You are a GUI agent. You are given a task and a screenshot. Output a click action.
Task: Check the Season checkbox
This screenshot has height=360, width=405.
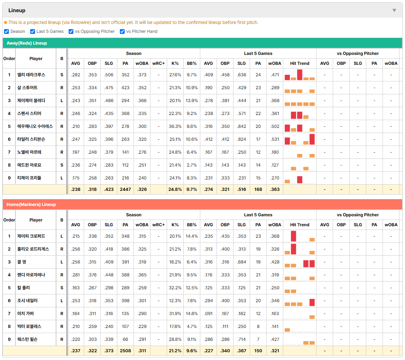[7, 31]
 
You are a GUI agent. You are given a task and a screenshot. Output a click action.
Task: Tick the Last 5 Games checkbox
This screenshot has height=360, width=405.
[32, 31]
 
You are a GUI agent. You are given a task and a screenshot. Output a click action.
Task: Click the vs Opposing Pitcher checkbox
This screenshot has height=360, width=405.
[71, 31]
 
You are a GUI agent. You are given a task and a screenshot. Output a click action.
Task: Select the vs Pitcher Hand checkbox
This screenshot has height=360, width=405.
[122, 31]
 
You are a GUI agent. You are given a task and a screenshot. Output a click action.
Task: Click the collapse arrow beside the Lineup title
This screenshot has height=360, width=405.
[394, 10]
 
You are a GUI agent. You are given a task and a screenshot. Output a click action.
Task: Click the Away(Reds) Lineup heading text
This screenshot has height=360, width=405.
[27, 43]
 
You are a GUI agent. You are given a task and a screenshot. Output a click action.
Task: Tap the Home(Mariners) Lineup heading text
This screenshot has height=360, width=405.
[31, 205]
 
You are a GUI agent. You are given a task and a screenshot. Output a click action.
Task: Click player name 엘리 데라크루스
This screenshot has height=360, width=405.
[31, 75]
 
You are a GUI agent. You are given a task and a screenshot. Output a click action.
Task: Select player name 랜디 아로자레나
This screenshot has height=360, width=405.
[31, 275]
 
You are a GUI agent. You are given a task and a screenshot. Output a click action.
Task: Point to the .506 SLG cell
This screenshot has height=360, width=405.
[109, 75]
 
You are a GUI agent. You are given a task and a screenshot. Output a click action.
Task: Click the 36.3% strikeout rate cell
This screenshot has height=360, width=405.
[175, 126]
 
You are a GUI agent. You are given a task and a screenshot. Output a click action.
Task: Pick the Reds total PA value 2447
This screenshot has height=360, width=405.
[125, 189]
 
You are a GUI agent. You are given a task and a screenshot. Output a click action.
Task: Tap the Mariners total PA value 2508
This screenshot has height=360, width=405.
[125, 351]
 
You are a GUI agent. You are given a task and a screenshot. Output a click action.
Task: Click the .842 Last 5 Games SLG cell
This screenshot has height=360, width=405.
[242, 126]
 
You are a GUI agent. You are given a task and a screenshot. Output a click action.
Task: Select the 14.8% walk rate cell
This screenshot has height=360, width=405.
[192, 314]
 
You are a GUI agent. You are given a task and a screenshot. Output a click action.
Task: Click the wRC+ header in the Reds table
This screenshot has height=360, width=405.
[158, 63]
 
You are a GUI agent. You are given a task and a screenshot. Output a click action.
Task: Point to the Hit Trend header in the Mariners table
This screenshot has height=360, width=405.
[300, 225]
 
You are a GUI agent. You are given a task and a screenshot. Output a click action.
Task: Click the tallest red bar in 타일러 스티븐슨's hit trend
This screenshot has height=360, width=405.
[312, 139]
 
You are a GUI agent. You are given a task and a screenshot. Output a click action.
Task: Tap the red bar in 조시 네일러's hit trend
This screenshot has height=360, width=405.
[312, 302]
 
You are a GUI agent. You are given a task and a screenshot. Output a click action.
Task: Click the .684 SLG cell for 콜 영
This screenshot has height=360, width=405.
[242, 262]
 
